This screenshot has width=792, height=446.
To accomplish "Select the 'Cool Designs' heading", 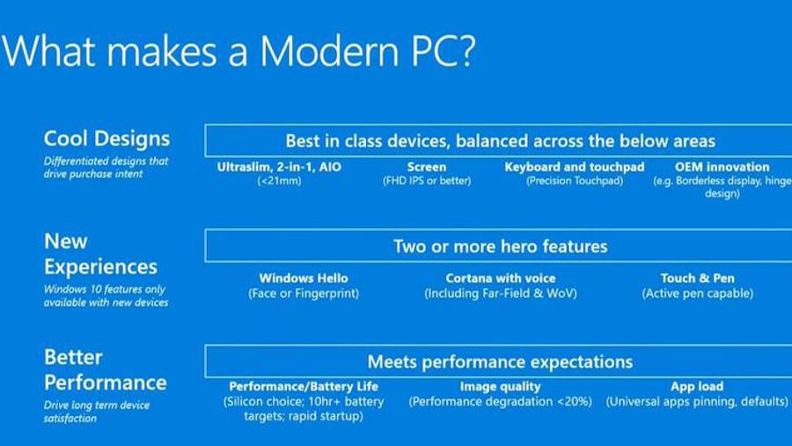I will [106, 139].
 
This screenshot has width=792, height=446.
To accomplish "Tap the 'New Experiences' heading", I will [99, 254].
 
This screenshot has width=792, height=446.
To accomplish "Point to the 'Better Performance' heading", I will [105, 370].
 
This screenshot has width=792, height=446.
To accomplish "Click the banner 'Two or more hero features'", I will [500, 246].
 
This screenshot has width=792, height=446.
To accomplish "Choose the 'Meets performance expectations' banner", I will [500, 361].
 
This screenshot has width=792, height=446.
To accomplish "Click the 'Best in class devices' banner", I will [500, 141].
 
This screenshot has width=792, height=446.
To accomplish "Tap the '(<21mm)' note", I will [281, 182].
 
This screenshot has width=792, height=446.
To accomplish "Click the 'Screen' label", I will [427, 167].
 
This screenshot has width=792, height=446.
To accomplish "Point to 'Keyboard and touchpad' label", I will [575, 167].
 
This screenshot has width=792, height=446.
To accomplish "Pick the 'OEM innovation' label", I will [722, 167].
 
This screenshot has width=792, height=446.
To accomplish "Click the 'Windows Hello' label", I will [304, 279].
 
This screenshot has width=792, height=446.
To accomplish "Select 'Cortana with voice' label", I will [500, 279].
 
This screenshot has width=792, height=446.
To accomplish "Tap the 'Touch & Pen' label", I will [697, 279].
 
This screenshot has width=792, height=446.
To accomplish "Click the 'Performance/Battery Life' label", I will [304, 387].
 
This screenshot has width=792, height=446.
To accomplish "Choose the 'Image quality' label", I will [500, 387].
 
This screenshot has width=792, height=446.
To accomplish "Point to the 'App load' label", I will [697, 387].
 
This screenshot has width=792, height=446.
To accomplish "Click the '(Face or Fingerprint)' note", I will [304, 294].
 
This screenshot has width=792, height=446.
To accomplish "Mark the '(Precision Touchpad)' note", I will [575, 182].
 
